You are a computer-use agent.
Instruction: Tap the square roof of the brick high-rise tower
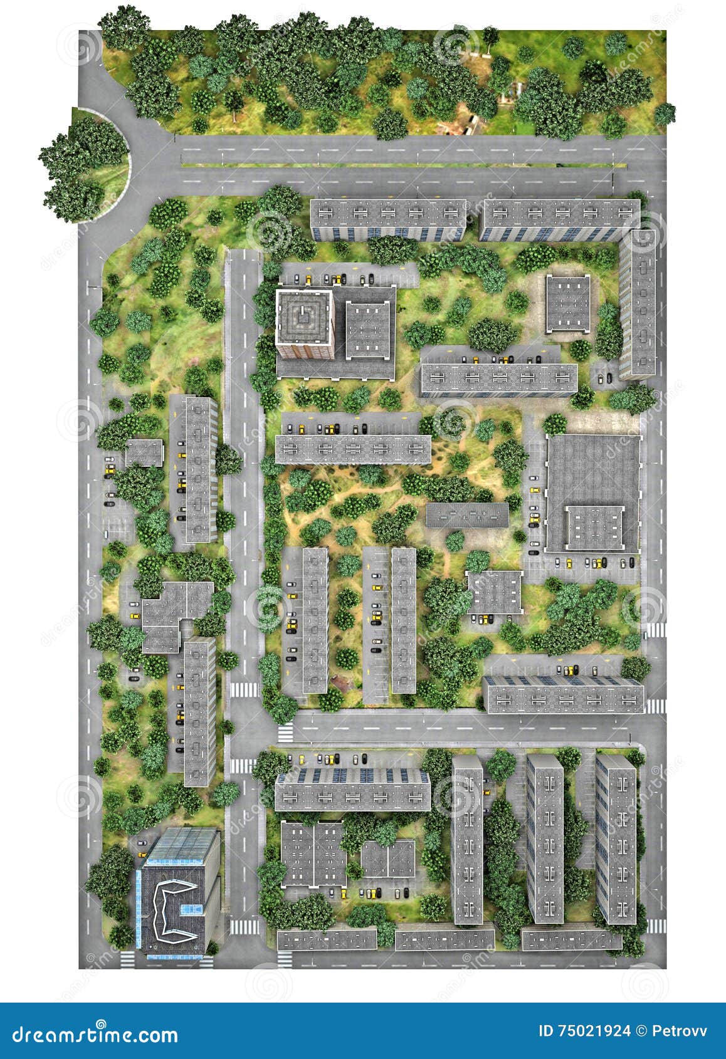pos(304,317)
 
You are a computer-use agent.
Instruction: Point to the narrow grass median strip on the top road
pos(401,165)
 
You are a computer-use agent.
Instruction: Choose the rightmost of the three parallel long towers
pos(616,840)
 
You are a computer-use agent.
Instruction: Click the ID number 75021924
pos(594,1031)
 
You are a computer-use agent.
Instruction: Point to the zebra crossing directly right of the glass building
pos(243,926)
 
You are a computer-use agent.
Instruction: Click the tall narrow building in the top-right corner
pos(638,304)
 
